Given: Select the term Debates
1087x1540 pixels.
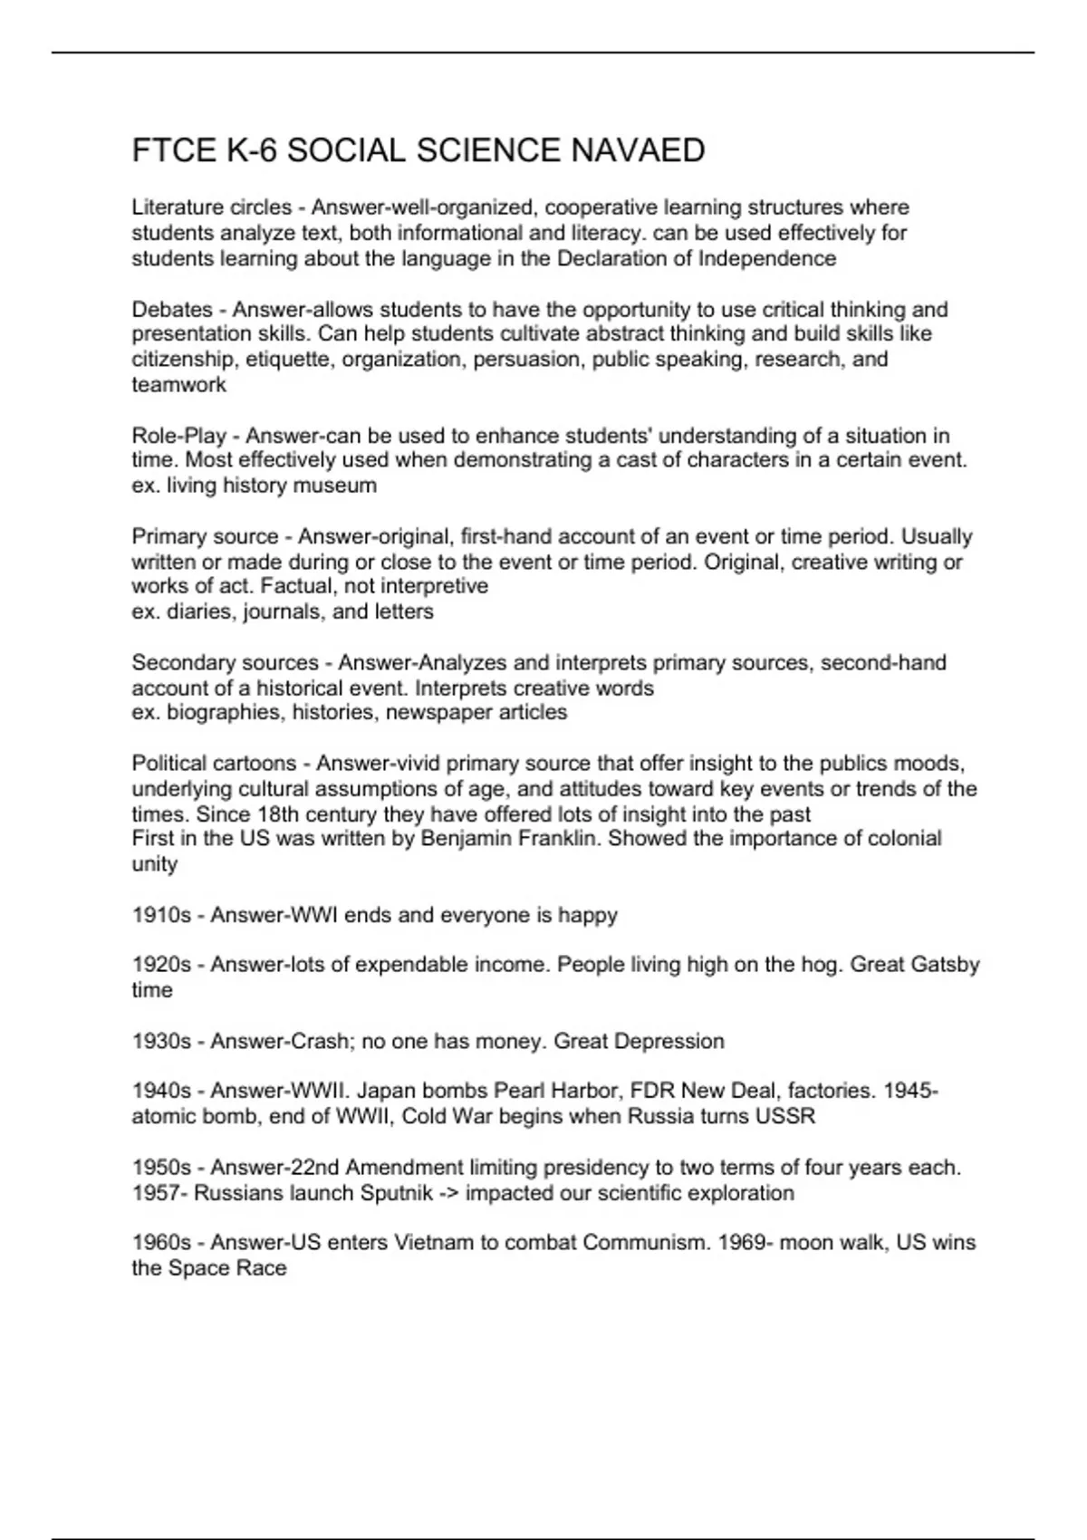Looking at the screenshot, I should pyautogui.click(x=172, y=310).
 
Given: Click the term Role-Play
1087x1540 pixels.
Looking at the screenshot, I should pyautogui.click(x=178, y=436).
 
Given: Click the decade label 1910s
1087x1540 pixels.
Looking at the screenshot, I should pyautogui.click(x=161, y=915).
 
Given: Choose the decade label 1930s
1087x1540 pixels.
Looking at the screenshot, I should pyautogui.click(x=161, y=1042).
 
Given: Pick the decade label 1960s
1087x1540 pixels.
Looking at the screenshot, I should pyautogui.click(x=161, y=1243).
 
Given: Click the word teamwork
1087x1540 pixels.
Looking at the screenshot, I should pyautogui.click(x=178, y=385).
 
